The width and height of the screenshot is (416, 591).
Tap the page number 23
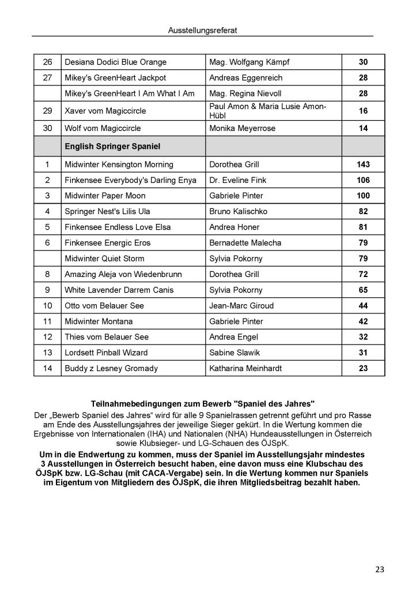pyautogui.click(x=380, y=570)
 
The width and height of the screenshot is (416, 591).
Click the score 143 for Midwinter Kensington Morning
pyautogui.click(x=363, y=164)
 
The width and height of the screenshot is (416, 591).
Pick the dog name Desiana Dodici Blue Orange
pyautogui.click(x=116, y=62)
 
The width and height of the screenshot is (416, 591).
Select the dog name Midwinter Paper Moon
pyautogui.click(x=105, y=196)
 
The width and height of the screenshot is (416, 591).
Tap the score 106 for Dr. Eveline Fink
pyautogui.click(x=363, y=180)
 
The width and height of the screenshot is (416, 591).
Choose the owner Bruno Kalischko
pyautogui.click(x=239, y=212)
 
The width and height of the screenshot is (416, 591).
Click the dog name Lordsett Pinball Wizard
pyautogui.click(x=106, y=353)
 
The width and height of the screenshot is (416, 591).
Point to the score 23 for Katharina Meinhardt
pyautogui.click(x=363, y=368)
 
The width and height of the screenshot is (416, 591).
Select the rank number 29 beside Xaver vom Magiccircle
pyautogui.click(x=47, y=111)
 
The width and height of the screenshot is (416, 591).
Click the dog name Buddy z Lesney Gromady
pyautogui.click(x=111, y=368)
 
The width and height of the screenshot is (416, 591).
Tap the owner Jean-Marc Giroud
pyautogui.click(x=241, y=305)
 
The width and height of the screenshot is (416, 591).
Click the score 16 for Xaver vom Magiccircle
pyautogui.click(x=363, y=111)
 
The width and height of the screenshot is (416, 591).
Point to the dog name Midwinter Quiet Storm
pyautogui.click(x=105, y=259)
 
